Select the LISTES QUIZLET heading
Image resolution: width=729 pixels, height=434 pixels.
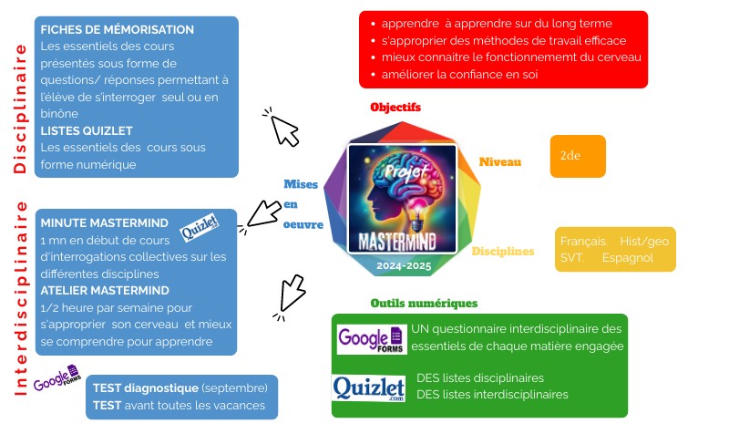tap(87, 129)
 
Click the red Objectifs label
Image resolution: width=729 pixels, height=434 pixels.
tap(395, 108)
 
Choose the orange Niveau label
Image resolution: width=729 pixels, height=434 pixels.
tap(500, 162)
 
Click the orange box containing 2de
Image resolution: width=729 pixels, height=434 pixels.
tap(578, 156)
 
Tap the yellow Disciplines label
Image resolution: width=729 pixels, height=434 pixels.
tap(502, 251)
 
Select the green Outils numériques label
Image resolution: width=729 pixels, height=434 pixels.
tap(424, 303)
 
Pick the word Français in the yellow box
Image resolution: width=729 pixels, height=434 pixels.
tap(583, 241)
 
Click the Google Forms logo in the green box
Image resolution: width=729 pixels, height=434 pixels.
tap(370, 340)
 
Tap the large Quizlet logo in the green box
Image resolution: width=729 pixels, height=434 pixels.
tap(368, 389)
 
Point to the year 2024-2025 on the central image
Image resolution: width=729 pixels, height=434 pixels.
tap(402, 265)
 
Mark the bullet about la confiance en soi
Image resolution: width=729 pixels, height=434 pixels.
tap(460, 74)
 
